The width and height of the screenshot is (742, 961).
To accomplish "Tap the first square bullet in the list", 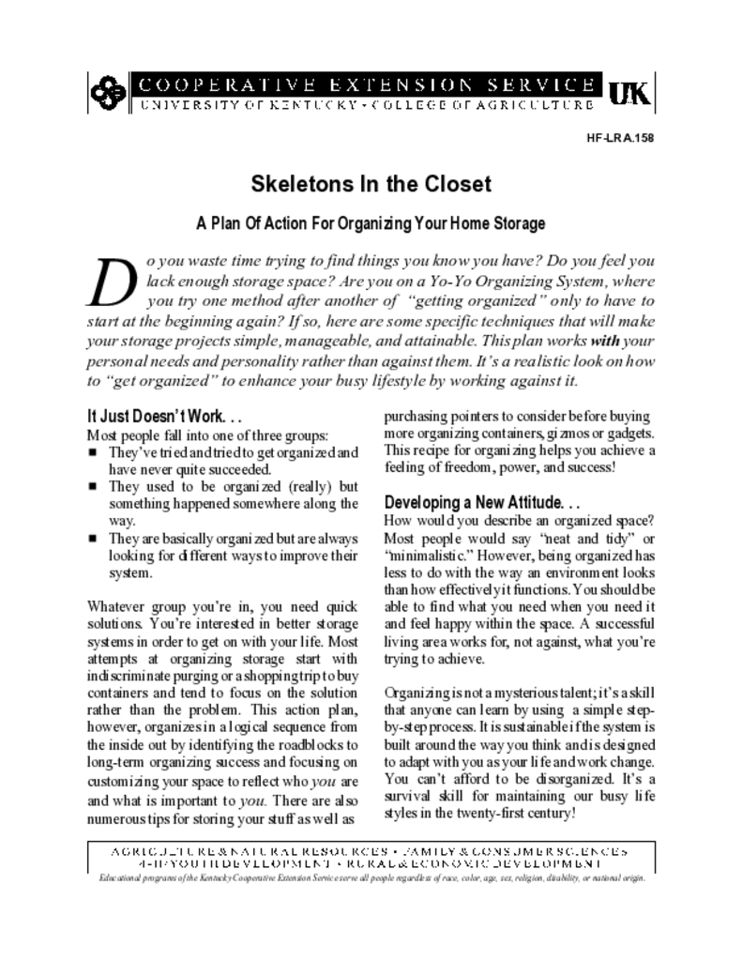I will [x=93, y=453].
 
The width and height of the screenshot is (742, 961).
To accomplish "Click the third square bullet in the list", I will [x=93, y=539].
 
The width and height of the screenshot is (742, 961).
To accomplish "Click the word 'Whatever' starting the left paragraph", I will [x=115, y=606].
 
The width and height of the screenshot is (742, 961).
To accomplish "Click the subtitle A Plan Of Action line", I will [x=370, y=224].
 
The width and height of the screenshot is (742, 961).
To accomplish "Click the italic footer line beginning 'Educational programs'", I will [x=371, y=879].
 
